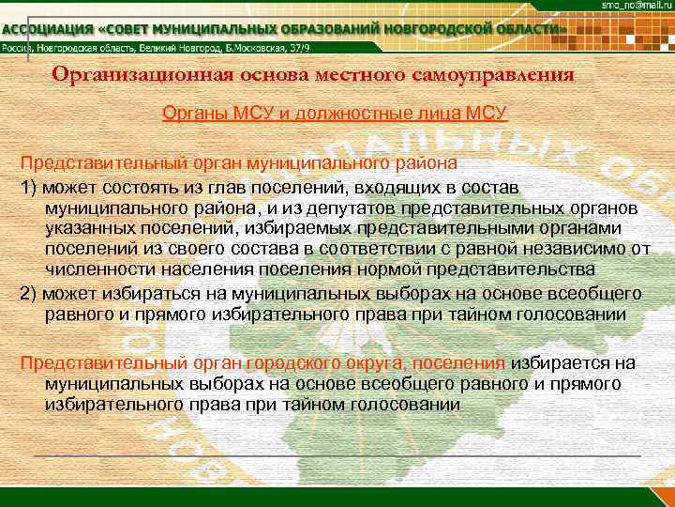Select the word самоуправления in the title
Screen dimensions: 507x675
[x=489, y=74]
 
